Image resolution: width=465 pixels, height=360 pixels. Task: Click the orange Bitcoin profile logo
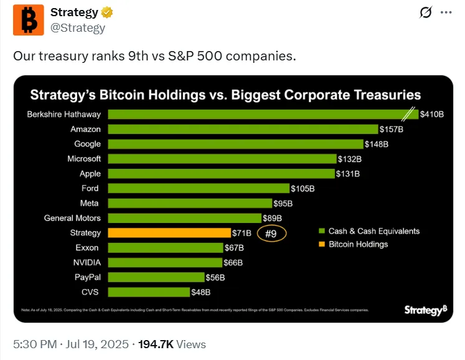pos(29,20)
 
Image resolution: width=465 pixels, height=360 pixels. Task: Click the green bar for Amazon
pos(243,129)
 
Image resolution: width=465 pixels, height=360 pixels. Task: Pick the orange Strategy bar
pos(170,233)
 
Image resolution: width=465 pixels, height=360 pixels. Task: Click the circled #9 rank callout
pos(271,234)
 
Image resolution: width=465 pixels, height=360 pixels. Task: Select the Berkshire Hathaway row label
pos(64,114)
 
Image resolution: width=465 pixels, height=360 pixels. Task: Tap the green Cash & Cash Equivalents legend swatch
pos(321,231)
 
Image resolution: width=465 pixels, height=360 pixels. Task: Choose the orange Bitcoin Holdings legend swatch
pos(321,244)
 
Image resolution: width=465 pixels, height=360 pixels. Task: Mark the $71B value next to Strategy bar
pos(242,234)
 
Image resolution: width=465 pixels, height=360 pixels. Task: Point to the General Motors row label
pos(72,218)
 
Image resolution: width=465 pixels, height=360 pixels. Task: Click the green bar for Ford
pos(199,188)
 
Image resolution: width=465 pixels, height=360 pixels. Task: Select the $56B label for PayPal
pos(215,278)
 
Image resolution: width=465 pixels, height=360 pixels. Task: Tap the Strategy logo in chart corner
pos(425,310)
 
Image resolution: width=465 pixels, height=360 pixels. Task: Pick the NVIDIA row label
pos(87,263)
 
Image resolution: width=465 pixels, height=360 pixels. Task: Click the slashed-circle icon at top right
pos(426,13)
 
